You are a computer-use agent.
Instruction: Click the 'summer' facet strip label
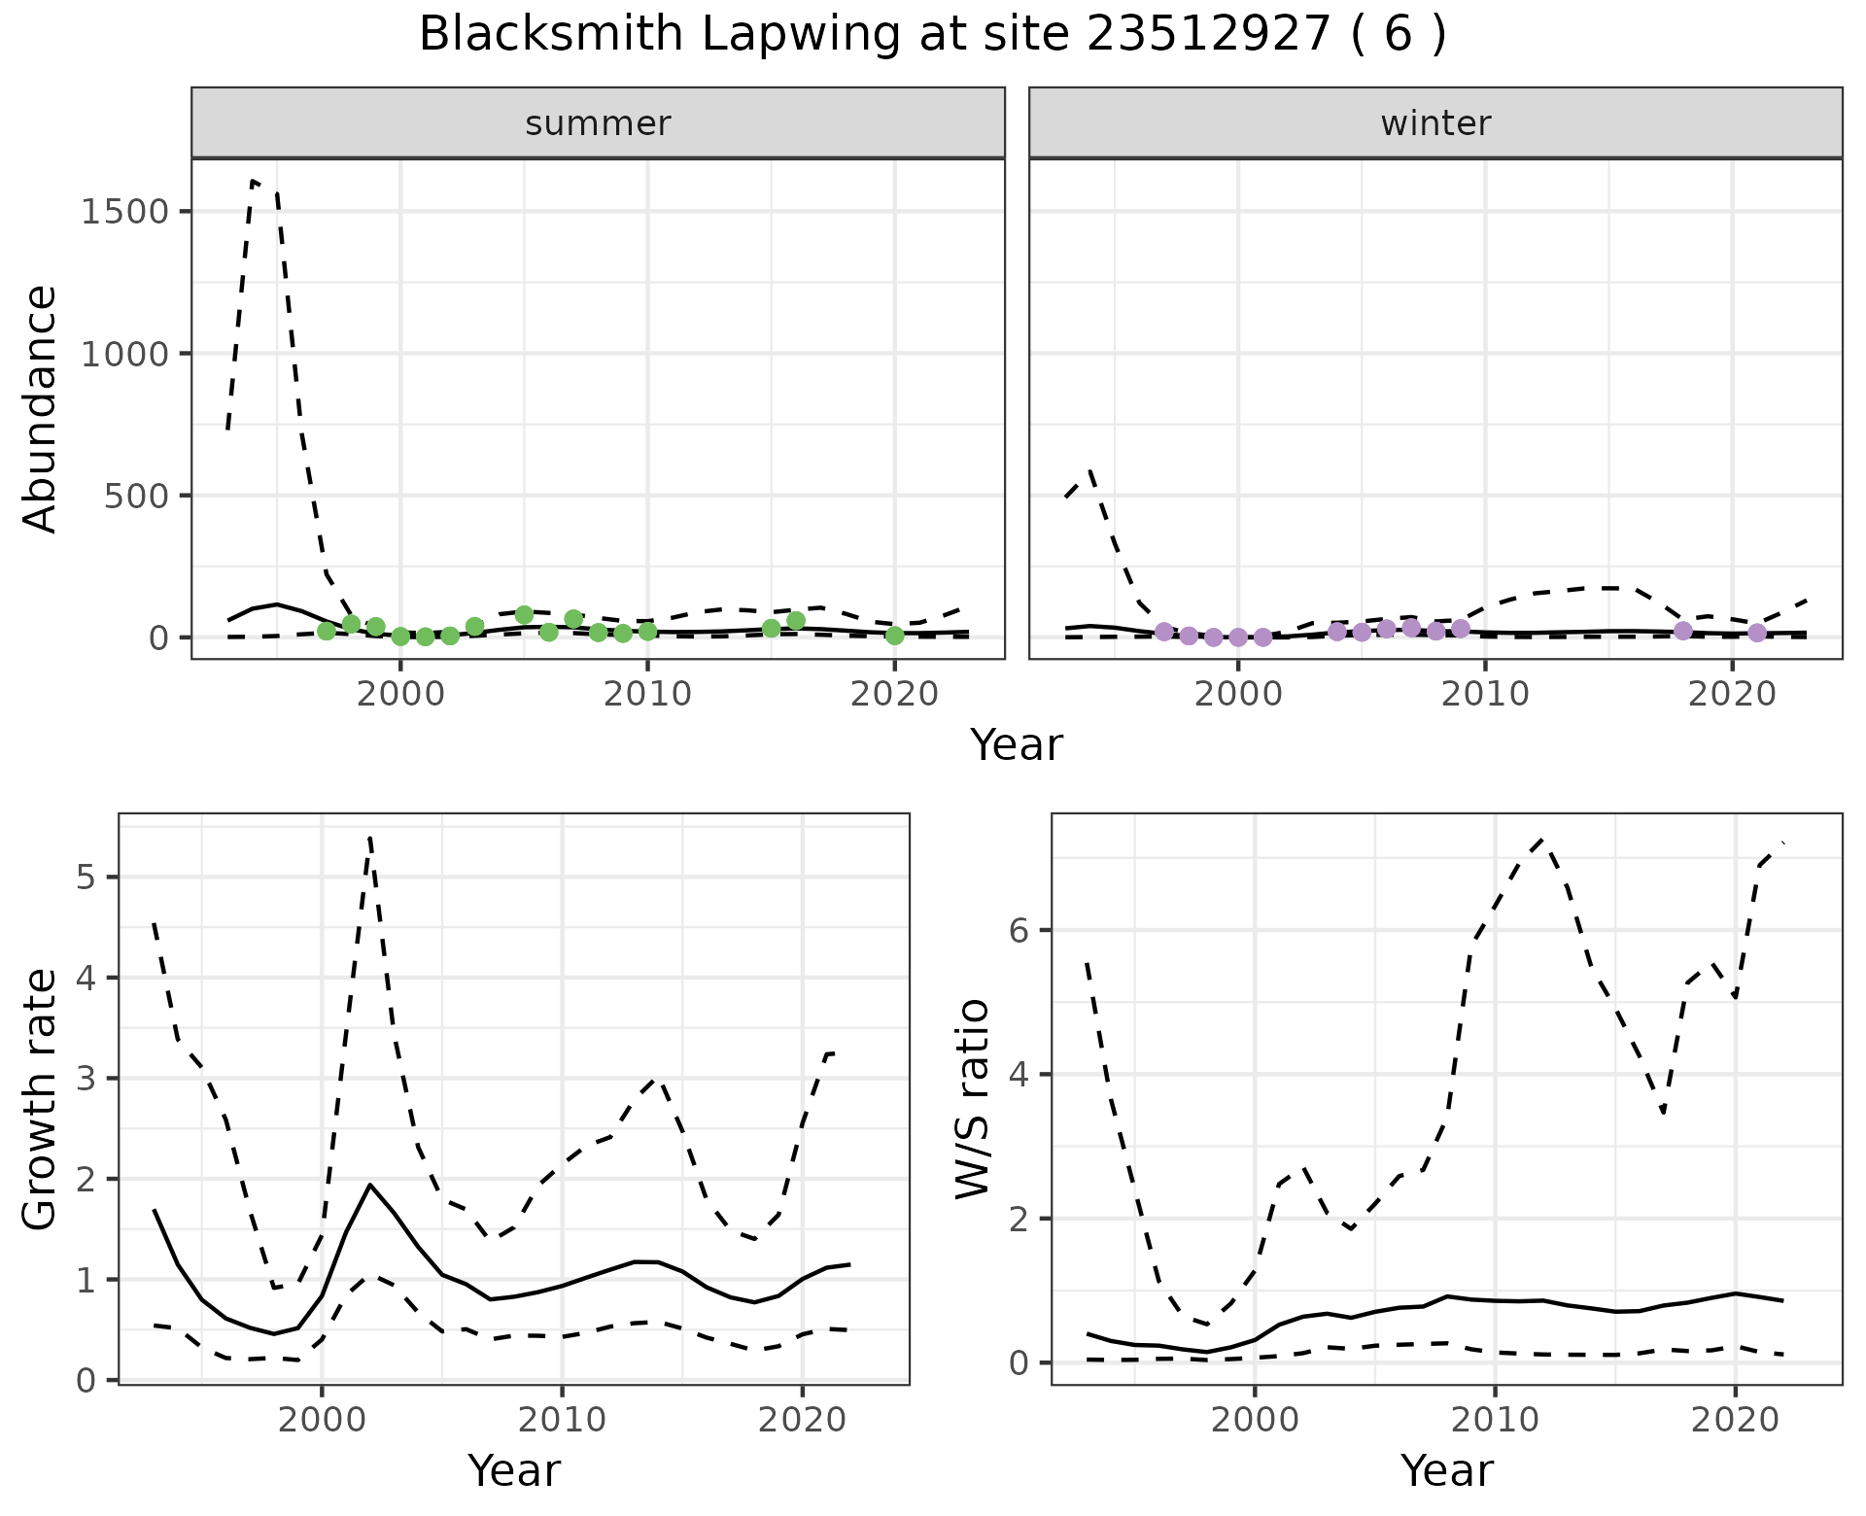(x=598, y=123)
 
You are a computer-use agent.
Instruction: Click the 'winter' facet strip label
(x=1435, y=123)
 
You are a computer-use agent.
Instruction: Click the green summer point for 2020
(x=895, y=636)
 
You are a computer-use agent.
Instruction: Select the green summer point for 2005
(x=525, y=615)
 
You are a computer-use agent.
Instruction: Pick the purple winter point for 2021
(x=1757, y=634)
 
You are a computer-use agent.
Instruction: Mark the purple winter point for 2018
(x=1683, y=631)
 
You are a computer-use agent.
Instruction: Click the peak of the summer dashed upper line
(x=254, y=181)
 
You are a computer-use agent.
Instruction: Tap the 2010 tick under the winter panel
(x=1485, y=695)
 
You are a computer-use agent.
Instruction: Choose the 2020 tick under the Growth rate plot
(x=802, y=1420)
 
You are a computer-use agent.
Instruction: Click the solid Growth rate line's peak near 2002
(x=370, y=1185)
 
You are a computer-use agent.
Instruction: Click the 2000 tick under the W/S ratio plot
(x=1255, y=1420)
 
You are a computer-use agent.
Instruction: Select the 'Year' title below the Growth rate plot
(x=514, y=1470)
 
